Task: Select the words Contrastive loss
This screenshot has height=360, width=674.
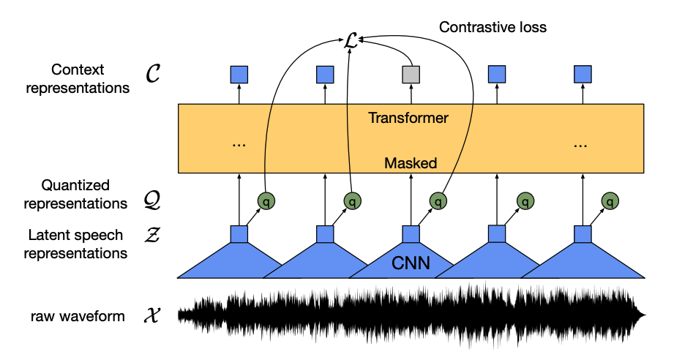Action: click(493, 27)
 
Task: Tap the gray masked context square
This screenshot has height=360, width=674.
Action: click(411, 74)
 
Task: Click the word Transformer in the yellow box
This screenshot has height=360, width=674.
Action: click(408, 117)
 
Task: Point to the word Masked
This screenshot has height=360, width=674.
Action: click(411, 163)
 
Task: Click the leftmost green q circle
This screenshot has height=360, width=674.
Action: click(266, 200)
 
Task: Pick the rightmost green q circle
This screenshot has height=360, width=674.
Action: click(609, 200)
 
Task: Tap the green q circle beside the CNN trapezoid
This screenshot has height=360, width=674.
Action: click(438, 200)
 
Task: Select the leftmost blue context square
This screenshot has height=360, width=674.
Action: click(239, 74)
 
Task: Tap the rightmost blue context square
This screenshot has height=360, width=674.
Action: click(583, 74)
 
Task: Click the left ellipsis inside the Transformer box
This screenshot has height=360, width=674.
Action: click(239, 144)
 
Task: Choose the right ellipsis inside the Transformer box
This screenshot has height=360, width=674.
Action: click(582, 144)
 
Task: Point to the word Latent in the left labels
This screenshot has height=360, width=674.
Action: click(46, 236)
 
